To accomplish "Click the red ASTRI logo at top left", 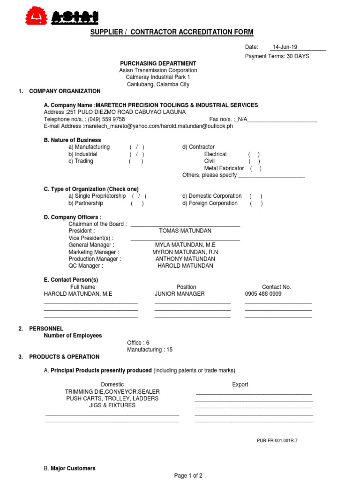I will [62, 16].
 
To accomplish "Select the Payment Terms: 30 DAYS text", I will [277, 56].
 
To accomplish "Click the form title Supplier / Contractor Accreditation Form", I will [172, 32].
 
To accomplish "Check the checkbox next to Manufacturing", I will [137, 147].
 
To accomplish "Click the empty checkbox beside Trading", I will [136, 161].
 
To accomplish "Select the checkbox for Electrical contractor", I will [254, 154].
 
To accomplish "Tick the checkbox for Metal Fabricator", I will [255, 168].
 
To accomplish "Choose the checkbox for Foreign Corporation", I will [256, 203].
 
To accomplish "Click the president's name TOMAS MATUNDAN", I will [185, 231].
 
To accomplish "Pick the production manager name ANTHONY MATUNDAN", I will [185, 259].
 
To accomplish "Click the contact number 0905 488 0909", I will [263, 294].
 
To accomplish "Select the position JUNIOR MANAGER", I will [180, 294].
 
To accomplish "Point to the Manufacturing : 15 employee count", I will [150, 350].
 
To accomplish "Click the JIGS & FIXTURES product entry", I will [112, 405].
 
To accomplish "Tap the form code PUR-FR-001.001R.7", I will [277, 441].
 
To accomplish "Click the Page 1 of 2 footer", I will [188, 475].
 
